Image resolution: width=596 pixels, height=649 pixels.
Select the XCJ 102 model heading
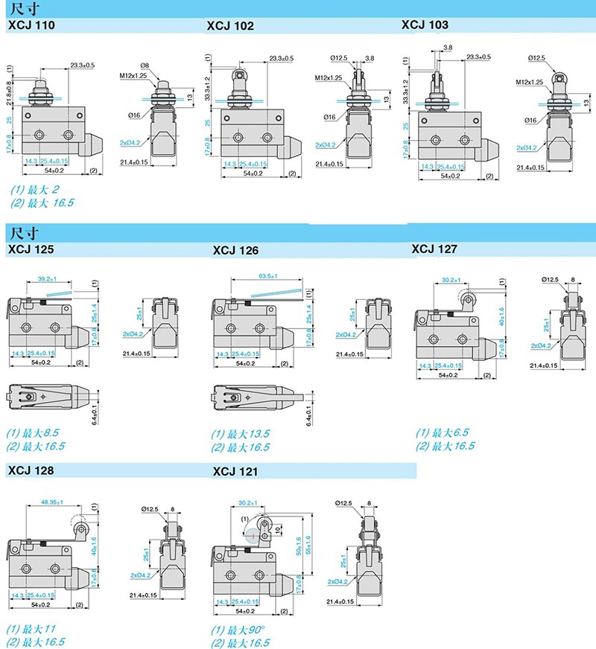pos(229,25)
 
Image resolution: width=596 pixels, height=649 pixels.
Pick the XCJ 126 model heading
pos(235,250)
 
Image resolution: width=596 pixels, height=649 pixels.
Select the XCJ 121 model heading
pos(235,471)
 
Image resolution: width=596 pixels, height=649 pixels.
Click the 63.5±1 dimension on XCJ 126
pos(268,276)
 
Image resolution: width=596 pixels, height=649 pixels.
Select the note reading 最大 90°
pos(238,630)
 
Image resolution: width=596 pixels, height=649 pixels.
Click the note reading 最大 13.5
pos(240,433)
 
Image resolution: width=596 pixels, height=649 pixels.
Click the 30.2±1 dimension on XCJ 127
pos(450,280)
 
